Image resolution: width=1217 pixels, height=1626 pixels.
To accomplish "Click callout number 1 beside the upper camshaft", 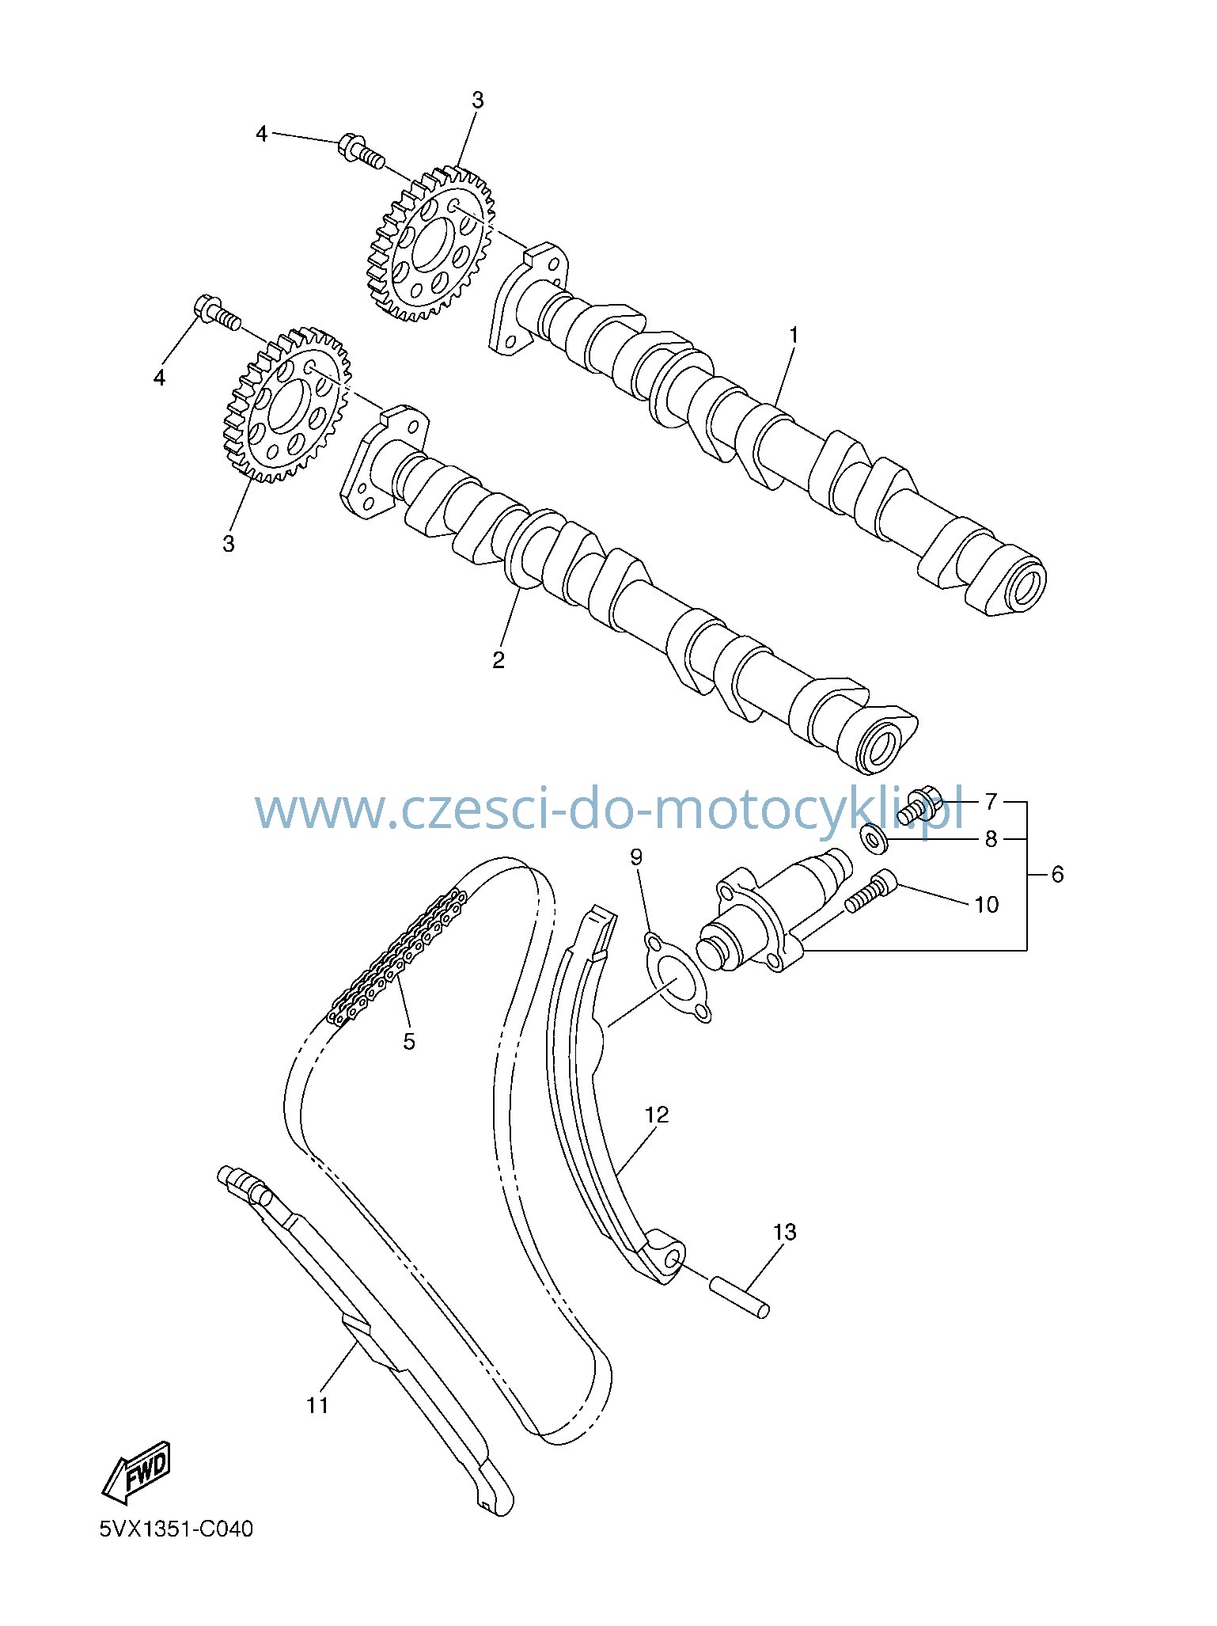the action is point(794,336).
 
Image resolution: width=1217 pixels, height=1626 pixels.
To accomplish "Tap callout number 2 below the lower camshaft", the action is point(499,659).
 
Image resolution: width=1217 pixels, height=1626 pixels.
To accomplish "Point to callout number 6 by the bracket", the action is point(1057,874).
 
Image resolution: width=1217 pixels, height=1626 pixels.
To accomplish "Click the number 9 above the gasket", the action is point(637,857).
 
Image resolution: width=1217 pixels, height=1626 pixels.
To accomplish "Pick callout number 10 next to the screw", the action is point(986,904).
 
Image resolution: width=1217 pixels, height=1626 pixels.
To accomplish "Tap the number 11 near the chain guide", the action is point(317,1405).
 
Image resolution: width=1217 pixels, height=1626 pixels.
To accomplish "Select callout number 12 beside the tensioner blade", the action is point(657,1115).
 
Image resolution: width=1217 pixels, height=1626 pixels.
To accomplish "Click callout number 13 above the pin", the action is point(785,1232).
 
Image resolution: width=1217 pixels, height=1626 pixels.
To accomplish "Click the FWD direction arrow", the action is point(136,1472).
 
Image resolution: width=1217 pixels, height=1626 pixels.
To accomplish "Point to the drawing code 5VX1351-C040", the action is point(176,1528).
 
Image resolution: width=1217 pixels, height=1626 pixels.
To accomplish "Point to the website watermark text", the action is point(610,809).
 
